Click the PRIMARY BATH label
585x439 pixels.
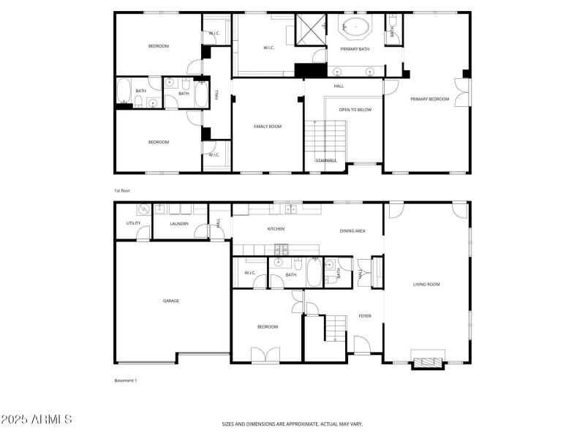[x=354, y=49]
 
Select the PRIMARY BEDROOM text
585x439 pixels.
[x=429, y=99]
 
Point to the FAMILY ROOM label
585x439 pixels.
[x=268, y=127]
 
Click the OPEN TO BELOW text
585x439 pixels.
[x=355, y=110]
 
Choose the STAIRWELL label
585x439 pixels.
[x=325, y=160]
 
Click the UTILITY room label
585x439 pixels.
[x=133, y=223]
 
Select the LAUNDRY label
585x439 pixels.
[x=179, y=224]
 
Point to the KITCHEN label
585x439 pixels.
[x=276, y=230]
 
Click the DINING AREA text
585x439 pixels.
[x=352, y=230]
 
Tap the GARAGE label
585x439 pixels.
[x=171, y=301]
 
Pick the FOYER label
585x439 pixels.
[x=364, y=316]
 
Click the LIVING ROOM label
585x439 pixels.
[x=426, y=285]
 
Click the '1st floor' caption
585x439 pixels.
[x=121, y=190]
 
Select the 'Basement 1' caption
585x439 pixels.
[x=126, y=380]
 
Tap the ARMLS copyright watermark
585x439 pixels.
[x=37, y=420]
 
